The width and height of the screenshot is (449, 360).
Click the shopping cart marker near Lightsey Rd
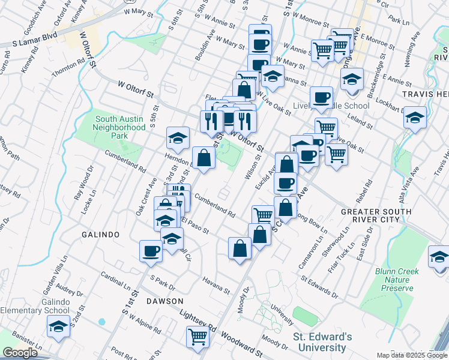click(197, 337)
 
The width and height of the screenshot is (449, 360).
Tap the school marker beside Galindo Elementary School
click(58, 327)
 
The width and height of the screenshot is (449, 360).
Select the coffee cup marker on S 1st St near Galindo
click(151, 251)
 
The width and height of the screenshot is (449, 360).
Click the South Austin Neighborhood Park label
click(120, 122)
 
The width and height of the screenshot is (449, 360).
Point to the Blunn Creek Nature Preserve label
click(395, 280)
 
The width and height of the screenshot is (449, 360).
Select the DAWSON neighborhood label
click(163, 300)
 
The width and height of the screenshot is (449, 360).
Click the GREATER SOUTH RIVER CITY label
click(376, 216)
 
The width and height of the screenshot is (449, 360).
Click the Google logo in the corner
click(20, 353)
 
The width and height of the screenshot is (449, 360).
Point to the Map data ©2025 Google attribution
click(411, 355)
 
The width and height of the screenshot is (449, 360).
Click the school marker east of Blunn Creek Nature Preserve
click(439, 257)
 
